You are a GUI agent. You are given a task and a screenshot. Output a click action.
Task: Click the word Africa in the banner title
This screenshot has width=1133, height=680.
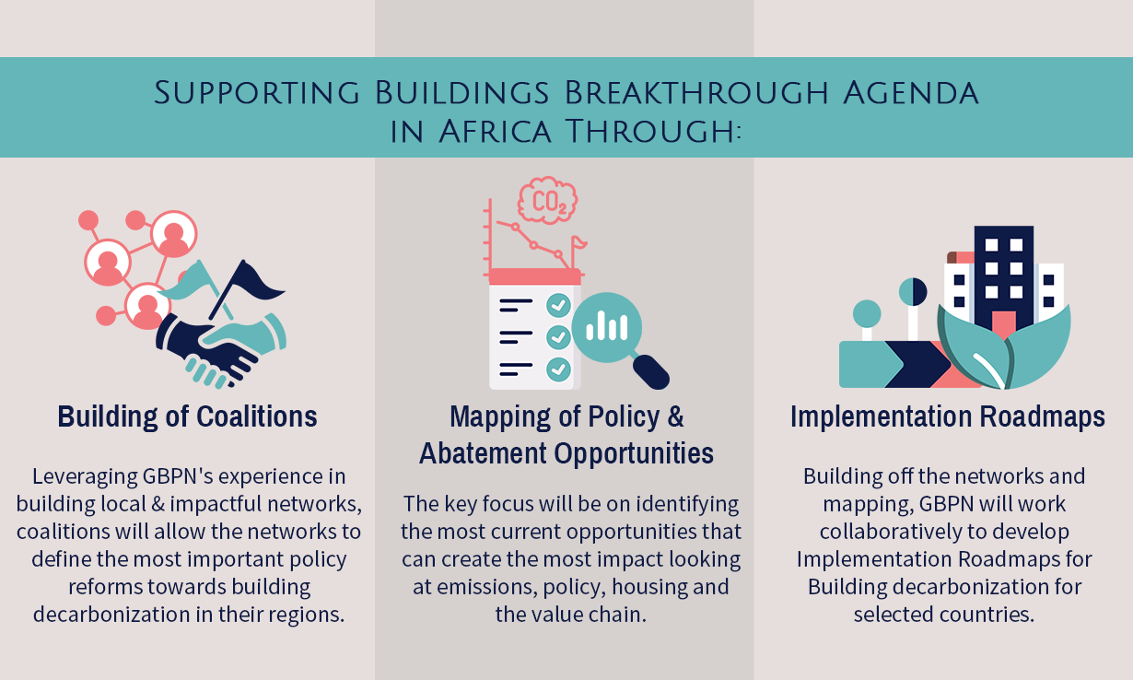(x=495, y=132)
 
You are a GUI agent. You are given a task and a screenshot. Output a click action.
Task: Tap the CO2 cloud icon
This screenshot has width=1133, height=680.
(x=547, y=200)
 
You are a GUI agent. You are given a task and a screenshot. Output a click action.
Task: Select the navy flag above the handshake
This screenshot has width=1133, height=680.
(x=248, y=288)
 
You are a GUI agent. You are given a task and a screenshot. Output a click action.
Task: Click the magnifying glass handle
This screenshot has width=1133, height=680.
(x=651, y=372)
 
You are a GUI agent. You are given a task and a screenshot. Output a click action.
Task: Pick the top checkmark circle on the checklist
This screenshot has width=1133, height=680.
(x=558, y=306)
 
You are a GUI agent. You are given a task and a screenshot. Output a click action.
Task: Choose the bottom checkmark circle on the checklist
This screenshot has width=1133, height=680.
(x=558, y=369)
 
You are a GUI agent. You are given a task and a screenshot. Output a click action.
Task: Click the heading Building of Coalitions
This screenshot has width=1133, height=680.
(x=187, y=416)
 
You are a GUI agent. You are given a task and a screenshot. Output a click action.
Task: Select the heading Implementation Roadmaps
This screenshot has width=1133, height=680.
(x=947, y=416)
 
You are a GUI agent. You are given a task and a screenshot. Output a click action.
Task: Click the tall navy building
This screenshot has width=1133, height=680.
(x=1004, y=278)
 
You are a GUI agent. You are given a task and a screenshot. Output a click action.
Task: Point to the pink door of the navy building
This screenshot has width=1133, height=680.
(x=1004, y=325)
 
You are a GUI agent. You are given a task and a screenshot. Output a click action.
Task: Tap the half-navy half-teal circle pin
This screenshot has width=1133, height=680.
(x=913, y=292)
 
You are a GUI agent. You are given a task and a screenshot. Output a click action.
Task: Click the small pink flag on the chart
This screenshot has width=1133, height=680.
(x=578, y=244)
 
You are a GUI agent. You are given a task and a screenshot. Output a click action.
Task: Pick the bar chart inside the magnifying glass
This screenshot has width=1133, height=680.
(x=607, y=325)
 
